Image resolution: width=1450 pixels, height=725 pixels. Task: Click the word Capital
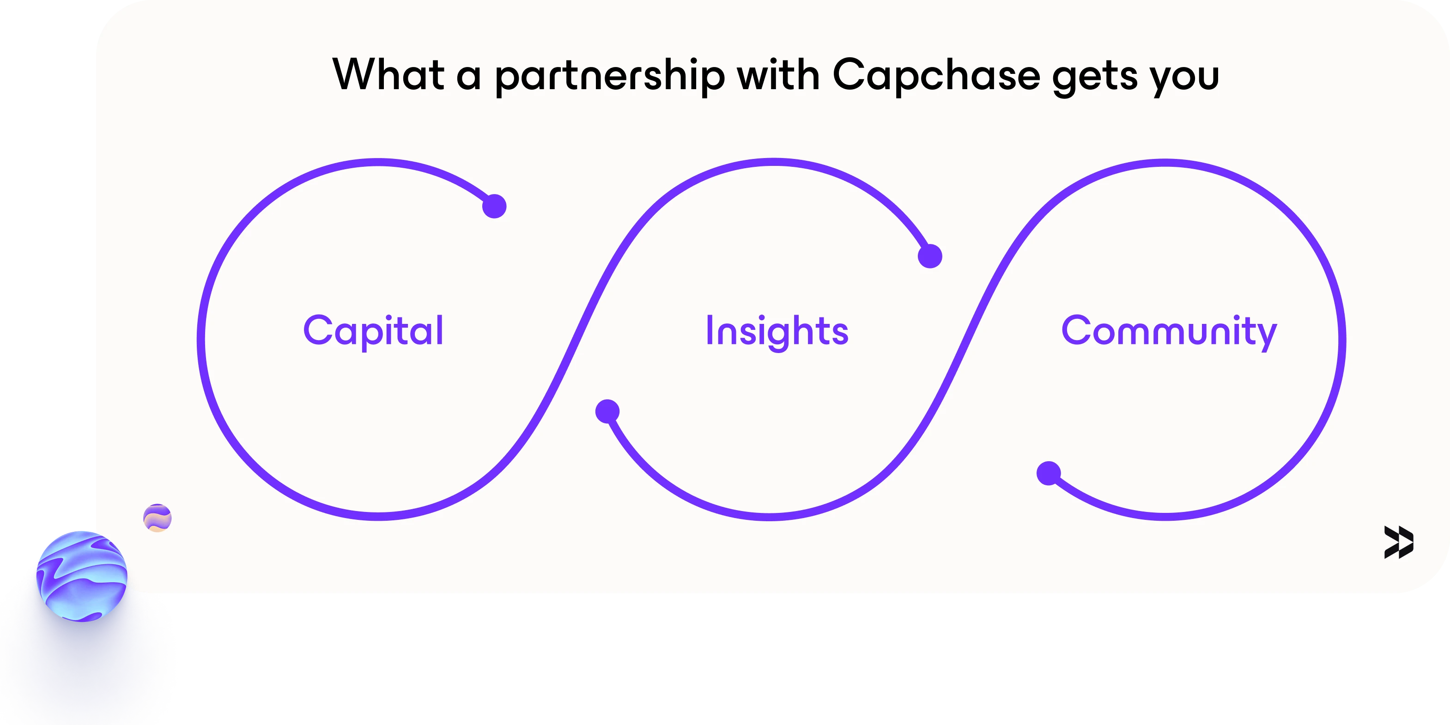point(374,332)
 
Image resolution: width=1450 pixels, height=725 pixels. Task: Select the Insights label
point(777,332)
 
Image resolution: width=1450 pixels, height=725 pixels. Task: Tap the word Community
point(1169,332)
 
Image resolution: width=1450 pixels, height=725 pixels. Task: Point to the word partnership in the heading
point(610,76)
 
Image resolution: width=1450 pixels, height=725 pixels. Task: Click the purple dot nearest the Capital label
point(494,206)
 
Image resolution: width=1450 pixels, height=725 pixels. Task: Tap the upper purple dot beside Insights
point(930,256)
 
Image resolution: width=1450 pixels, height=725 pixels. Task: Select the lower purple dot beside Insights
point(607,411)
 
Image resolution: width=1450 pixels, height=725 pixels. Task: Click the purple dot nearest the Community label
point(1049,473)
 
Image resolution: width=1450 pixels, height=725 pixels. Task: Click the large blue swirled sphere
point(82,576)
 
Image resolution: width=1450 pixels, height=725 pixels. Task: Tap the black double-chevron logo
point(1399,542)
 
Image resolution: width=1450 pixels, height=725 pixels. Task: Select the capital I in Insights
point(710,330)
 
